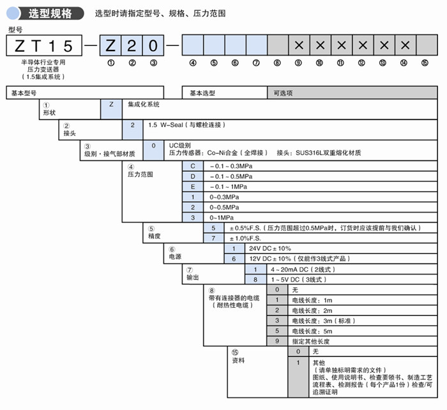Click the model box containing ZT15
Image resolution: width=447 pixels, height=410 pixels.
point(44,45)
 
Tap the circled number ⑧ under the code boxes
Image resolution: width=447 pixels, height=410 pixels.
point(277,63)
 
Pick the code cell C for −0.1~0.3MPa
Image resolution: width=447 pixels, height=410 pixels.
point(192,165)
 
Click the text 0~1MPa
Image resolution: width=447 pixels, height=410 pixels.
point(224,217)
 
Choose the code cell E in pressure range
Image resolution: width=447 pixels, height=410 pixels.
point(192,186)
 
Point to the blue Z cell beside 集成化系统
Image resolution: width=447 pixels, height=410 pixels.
point(111,103)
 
